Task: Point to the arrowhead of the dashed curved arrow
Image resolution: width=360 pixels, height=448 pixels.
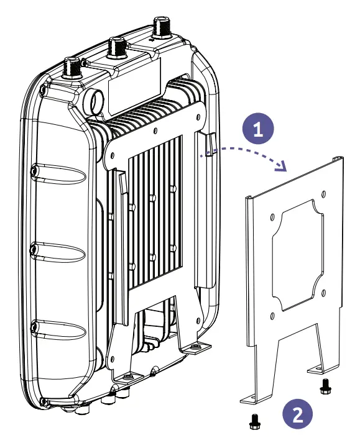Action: [x=283, y=167]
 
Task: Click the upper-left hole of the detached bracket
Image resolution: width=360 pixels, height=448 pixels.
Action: [x=272, y=217]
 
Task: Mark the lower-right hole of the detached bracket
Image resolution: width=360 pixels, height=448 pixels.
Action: [x=323, y=293]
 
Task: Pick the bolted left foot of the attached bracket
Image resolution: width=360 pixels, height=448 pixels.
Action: [x=127, y=377]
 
